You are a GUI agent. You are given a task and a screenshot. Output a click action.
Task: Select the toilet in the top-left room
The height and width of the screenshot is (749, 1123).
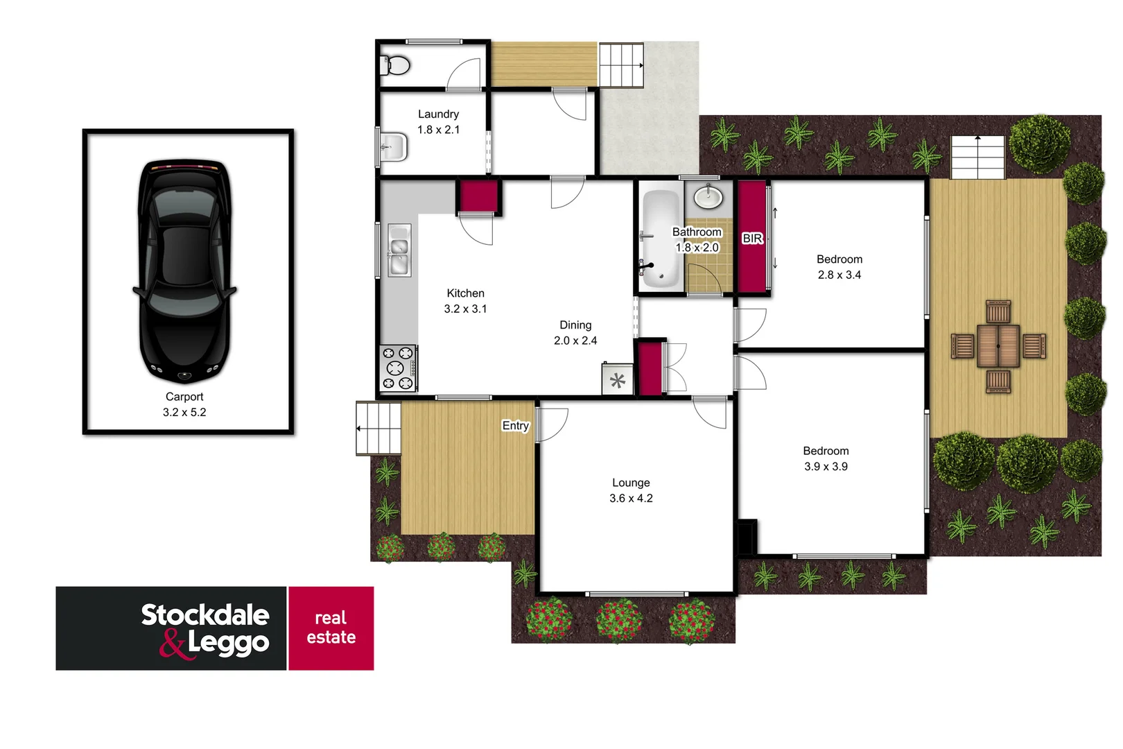coord(396,66)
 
